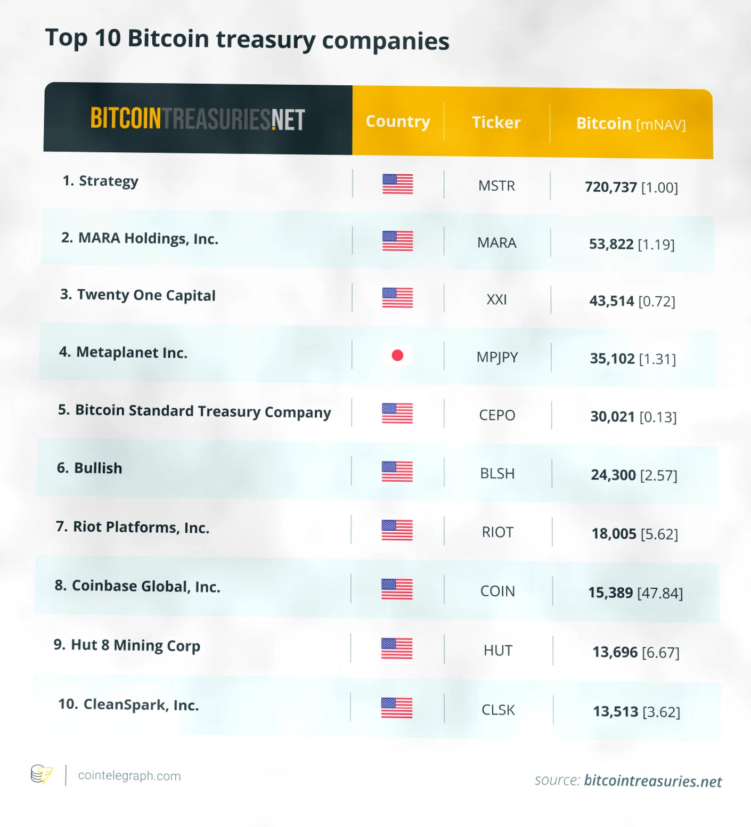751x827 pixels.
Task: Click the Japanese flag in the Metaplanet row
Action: (x=397, y=355)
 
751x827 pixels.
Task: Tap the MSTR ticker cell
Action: (x=496, y=186)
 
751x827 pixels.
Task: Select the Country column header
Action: (x=398, y=121)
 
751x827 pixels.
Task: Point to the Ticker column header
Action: (x=496, y=123)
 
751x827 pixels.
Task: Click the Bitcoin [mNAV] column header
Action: (x=631, y=124)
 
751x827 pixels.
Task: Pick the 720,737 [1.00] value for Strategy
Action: (x=631, y=188)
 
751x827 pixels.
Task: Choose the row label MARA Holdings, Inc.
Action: (x=140, y=238)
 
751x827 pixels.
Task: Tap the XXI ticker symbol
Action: (x=496, y=300)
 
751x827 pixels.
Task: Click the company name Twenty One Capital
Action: (x=138, y=295)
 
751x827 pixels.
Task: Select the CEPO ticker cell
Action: (x=497, y=415)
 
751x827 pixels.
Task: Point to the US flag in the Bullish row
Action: (x=397, y=472)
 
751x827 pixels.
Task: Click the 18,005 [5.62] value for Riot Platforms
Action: (x=634, y=534)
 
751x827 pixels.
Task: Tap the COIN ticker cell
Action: (x=497, y=591)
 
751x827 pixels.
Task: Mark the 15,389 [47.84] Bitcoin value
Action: (x=635, y=593)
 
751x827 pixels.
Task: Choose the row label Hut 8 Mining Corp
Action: (x=127, y=645)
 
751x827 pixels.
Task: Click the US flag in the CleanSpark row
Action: (x=397, y=708)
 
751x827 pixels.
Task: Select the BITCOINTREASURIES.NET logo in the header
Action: (x=198, y=119)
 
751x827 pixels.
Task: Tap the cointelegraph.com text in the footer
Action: (x=129, y=776)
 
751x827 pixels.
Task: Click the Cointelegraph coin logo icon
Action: (x=42, y=774)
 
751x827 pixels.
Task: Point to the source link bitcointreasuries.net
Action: (x=652, y=781)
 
